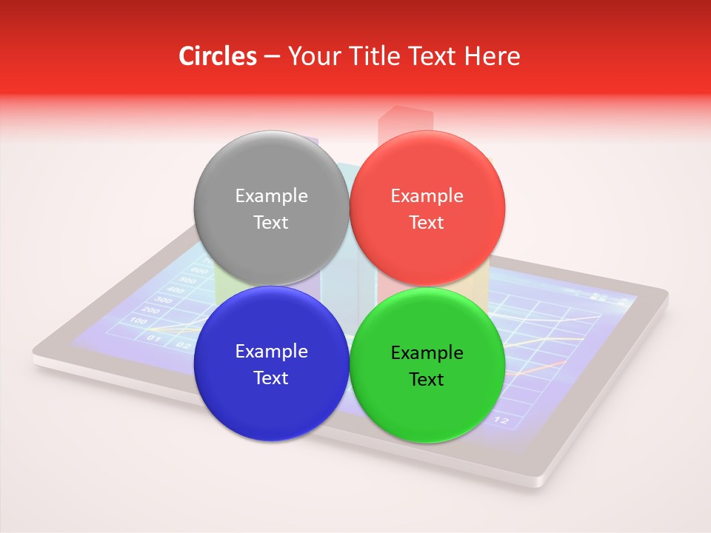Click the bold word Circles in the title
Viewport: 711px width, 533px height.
(x=218, y=56)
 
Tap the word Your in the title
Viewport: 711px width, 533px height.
(x=311, y=56)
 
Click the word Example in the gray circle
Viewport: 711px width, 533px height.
(x=271, y=196)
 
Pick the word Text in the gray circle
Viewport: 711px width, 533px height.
(x=271, y=222)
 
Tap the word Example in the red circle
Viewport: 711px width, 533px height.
(x=427, y=196)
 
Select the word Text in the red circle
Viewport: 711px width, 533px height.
(x=427, y=222)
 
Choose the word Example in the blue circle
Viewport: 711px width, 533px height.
(x=271, y=352)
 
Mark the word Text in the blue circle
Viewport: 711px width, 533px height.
(x=271, y=378)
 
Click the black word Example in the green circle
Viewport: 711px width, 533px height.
(x=427, y=353)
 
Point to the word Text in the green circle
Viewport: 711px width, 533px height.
(x=427, y=379)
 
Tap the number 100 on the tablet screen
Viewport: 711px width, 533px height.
(x=138, y=321)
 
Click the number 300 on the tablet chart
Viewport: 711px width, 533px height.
(x=162, y=300)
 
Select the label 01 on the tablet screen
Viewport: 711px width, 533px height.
(x=154, y=338)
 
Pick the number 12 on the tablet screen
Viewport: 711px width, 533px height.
(x=501, y=420)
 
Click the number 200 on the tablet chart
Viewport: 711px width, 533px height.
(x=150, y=310)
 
